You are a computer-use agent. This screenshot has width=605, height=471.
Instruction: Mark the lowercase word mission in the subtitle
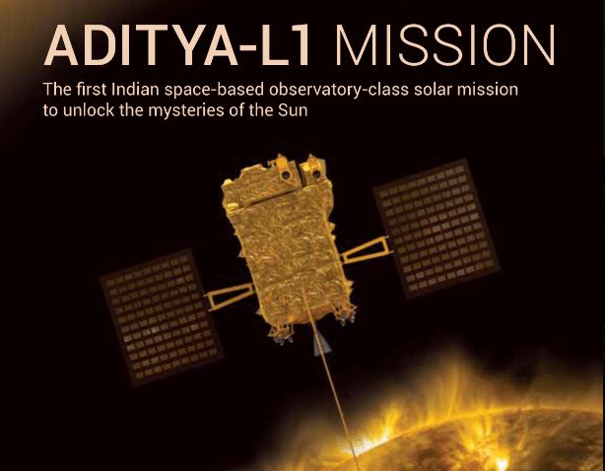[x=488, y=90]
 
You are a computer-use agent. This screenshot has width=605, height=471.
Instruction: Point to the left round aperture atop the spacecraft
[x=285, y=174]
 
